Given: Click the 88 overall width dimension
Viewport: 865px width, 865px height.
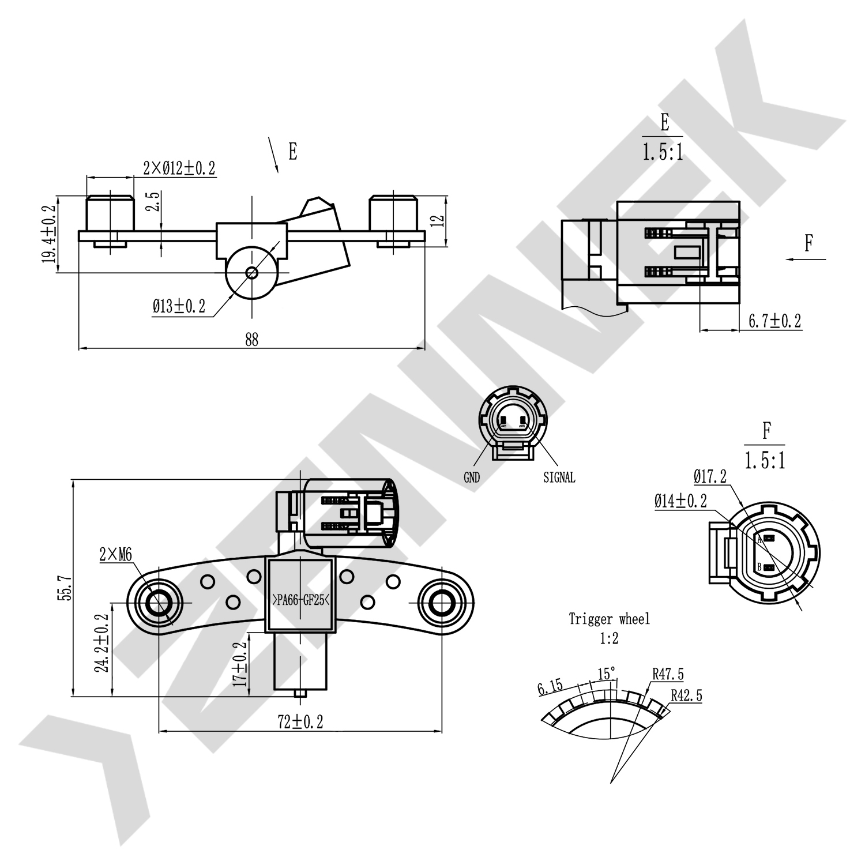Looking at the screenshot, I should tap(251, 339).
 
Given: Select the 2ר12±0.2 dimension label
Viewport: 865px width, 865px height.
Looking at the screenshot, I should tap(179, 168).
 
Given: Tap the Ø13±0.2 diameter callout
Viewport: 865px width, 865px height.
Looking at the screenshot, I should tap(179, 306).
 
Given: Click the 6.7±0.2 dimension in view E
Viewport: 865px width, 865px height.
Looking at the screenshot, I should tap(774, 321).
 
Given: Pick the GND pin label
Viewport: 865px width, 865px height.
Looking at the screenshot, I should tap(472, 477).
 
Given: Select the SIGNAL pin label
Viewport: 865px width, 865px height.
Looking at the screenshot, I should tap(559, 477).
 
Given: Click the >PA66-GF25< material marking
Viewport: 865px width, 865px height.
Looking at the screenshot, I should tap(300, 600).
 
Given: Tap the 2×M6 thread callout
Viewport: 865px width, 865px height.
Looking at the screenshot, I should tap(115, 555).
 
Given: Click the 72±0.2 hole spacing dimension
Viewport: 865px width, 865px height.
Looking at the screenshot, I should tap(300, 721).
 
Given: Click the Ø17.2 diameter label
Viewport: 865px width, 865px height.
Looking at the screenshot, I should tap(709, 476).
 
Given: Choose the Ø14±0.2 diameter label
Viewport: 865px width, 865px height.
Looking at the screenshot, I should tap(680, 501).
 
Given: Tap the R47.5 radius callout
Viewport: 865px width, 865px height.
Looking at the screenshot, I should tap(668, 674).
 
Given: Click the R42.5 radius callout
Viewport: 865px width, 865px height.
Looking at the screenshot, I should tap(686, 695).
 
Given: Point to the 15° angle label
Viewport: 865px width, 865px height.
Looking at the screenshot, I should tap(606, 674).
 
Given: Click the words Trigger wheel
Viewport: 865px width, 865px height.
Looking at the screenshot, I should tap(609, 619).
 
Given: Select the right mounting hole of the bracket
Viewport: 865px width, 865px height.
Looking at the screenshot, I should tap(441, 603).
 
